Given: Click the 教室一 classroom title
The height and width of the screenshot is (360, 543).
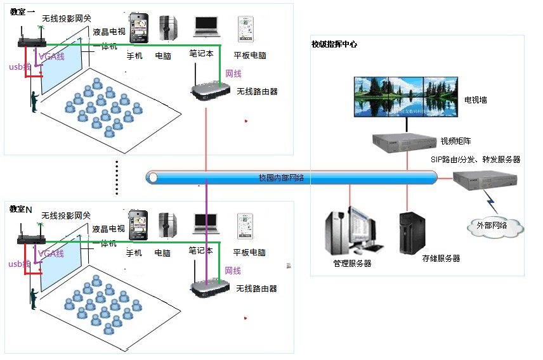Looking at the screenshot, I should pos(22,12).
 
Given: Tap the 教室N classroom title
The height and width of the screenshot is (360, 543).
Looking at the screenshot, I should pos(21,209).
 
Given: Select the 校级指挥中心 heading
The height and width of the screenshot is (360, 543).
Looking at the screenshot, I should pos(334,44).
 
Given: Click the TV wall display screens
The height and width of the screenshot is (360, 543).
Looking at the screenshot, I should pos(406,98).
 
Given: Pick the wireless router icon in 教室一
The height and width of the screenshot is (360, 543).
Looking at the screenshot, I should pos(209,91).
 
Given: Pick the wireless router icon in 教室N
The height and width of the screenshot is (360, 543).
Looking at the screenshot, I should pos(209,288).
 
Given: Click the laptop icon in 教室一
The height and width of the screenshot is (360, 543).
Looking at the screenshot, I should pos(206,25).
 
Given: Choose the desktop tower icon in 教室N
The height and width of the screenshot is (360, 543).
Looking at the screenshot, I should pos(167,225).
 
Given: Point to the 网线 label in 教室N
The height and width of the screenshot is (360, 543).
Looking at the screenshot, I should pos(233,271).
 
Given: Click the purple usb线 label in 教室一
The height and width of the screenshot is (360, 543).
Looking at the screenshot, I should pos(19,67).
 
